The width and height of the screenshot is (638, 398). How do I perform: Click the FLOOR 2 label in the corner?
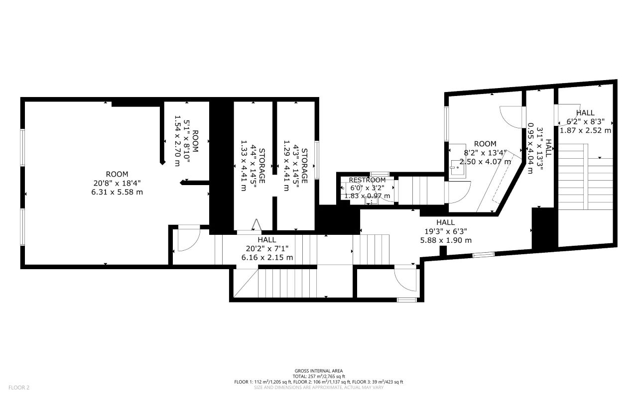19,387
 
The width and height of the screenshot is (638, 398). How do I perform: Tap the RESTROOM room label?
367,180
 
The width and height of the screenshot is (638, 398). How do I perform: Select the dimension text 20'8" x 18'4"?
117,183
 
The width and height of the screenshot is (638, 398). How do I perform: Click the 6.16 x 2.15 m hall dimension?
267,257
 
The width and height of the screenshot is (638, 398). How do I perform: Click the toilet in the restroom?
370,200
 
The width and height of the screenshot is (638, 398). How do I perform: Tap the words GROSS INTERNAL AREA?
319,371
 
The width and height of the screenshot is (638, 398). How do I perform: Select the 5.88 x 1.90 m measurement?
445,240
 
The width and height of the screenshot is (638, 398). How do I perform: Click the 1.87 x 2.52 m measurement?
585,130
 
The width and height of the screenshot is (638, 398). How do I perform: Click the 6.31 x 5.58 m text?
117,192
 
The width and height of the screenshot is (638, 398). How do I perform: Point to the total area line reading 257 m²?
319,377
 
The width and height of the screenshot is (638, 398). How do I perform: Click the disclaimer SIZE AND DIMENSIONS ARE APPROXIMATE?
319,387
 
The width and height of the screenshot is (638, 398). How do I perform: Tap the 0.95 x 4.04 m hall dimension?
531,148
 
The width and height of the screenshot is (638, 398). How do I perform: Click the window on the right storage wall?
317,159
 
